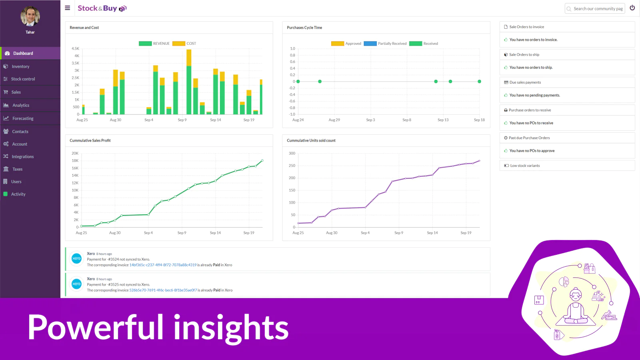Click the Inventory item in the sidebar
point(20,66)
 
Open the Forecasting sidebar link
point(23,118)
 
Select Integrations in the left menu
point(22,156)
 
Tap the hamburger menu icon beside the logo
point(68,8)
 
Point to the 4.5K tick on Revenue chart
point(76,48)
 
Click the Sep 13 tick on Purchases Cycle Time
point(443,120)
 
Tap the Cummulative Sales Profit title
point(90,140)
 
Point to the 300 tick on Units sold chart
point(292,153)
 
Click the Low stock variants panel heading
point(525,166)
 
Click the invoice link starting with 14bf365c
point(163,265)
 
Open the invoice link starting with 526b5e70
point(163,290)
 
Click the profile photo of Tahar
point(30,16)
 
